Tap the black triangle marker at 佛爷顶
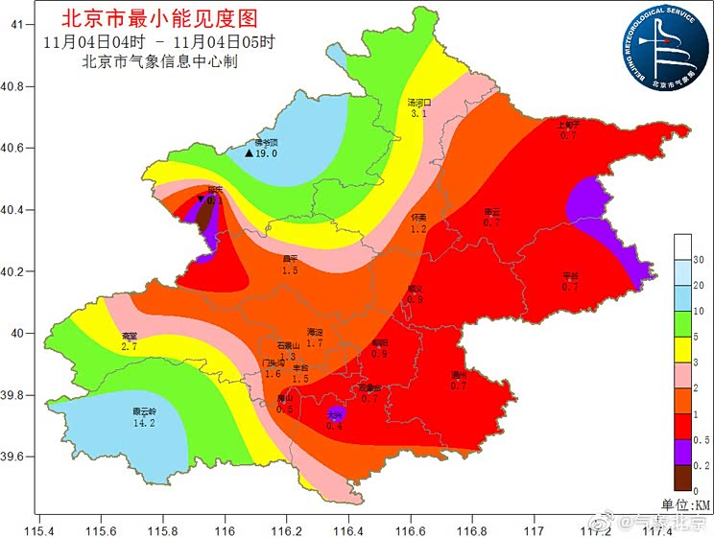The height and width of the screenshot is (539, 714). click(249, 153)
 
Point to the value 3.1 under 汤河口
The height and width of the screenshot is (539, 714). click(418, 113)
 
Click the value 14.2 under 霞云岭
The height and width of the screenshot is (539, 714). click(144, 421)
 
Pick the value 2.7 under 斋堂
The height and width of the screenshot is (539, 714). click(130, 346)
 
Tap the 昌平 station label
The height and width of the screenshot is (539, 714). click(290, 259)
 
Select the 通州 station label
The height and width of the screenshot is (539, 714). click(458, 375)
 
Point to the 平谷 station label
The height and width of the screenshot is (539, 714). click(570, 276)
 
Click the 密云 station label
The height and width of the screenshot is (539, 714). click(492, 212)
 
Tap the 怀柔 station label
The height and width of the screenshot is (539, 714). click(418, 218)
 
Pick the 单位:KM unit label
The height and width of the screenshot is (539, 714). click(685, 504)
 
